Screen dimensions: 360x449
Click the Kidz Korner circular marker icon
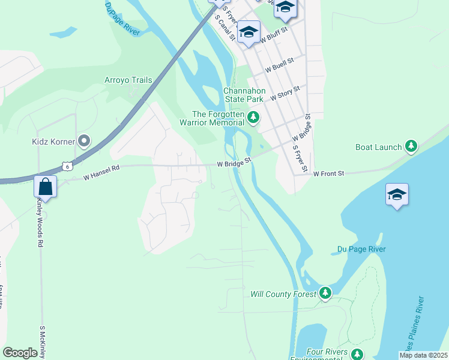coord(84,142)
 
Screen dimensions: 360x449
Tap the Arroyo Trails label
coord(128,80)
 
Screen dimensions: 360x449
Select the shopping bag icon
coord(45,186)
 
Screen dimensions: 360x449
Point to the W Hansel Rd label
coord(102,172)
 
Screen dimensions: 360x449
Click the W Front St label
coord(328,173)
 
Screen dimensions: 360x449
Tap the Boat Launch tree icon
coord(411,146)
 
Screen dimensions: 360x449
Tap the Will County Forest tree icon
coord(325,292)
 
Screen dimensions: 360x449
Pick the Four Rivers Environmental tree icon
coord(357,354)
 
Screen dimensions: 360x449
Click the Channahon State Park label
coord(244,95)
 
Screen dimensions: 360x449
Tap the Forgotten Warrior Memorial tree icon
coord(253,118)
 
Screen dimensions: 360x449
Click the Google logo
coord(20,353)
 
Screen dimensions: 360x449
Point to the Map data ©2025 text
coord(423,355)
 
